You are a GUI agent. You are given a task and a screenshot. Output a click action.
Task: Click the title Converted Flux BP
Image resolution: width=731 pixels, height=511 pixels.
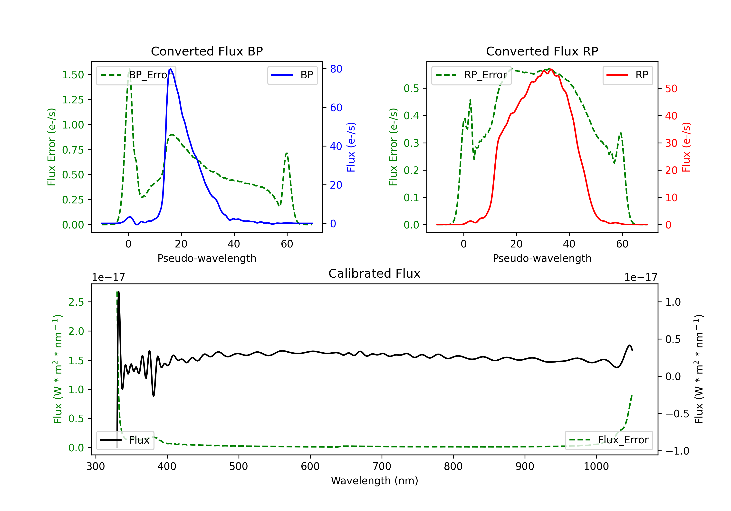click(x=207, y=51)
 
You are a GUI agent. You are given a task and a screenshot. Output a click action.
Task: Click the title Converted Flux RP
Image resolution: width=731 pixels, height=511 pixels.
click(x=542, y=51)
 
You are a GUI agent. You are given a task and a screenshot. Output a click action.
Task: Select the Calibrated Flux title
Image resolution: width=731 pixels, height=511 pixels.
click(x=375, y=274)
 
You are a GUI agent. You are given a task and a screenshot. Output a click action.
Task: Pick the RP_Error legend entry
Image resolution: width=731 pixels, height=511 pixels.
click(x=471, y=75)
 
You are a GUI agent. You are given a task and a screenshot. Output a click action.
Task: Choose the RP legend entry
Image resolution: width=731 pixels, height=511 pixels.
click(x=627, y=75)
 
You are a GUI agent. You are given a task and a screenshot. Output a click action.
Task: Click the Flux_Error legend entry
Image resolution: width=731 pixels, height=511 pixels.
click(x=609, y=440)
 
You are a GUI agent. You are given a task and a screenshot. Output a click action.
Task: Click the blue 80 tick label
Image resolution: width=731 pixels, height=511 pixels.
click(x=336, y=69)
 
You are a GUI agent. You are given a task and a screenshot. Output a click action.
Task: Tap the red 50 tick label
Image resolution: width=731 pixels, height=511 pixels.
click(x=671, y=89)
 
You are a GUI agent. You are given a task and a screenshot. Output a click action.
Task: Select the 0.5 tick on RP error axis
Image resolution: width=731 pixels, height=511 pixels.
click(x=411, y=88)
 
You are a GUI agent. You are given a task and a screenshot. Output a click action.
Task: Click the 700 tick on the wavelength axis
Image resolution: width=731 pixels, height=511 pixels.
click(x=382, y=466)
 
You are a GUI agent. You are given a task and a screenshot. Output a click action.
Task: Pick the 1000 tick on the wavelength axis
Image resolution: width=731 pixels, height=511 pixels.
click(x=596, y=466)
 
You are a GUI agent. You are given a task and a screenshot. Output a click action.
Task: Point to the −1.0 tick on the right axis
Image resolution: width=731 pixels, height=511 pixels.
click(x=677, y=451)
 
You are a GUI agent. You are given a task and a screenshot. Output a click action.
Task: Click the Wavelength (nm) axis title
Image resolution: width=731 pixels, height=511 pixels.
click(x=375, y=481)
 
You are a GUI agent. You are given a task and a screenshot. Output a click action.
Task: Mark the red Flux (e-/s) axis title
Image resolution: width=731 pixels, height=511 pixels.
click(x=686, y=147)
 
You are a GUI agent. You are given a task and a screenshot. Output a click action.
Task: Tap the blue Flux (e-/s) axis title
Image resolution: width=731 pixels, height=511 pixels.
click(x=351, y=147)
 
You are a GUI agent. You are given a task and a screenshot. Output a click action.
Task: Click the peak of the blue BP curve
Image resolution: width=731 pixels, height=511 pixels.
click(x=170, y=69)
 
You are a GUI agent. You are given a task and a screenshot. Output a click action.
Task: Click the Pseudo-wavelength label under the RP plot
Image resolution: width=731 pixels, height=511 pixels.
click(x=542, y=258)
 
